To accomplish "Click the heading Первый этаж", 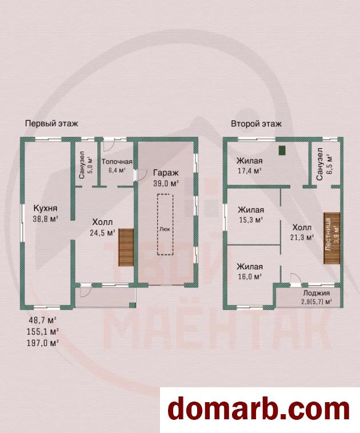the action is pyautogui.click(x=51, y=123).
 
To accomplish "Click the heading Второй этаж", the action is pyautogui.click(x=256, y=124).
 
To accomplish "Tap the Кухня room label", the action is pyautogui.click(x=45, y=208).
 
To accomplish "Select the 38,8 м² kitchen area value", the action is pyautogui.click(x=45, y=219).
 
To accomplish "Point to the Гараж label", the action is pyautogui.click(x=166, y=173).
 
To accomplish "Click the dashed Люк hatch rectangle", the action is pyautogui.click(x=165, y=224).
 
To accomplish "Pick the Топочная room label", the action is pyautogui.click(x=117, y=162).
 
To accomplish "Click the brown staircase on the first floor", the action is pyautogui.click(x=126, y=247).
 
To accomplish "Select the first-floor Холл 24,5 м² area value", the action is pyautogui.click(x=102, y=233).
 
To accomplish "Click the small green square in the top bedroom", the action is pyautogui.click(x=282, y=150).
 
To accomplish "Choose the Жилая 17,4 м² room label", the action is pyautogui.click(x=250, y=166).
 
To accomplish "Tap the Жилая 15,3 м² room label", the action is pyautogui.click(x=251, y=215).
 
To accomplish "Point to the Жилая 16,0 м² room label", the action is pyautogui.click(x=250, y=271).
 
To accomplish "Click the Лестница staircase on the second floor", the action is pyautogui.click(x=332, y=238).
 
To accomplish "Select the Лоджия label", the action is pyautogui.click(x=317, y=293).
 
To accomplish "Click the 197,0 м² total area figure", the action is pyautogui.click(x=42, y=343).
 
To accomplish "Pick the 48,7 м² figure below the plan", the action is pyautogui.click(x=42, y=320).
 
